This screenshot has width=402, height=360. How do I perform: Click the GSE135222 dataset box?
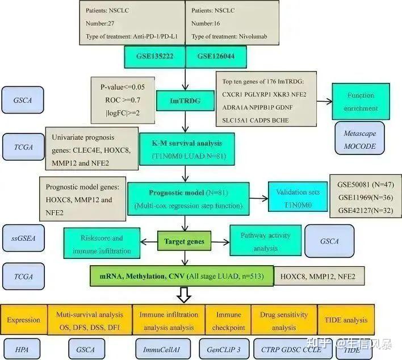pyautogui.click(x=154, y=57)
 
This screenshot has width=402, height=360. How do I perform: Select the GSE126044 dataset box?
pyautogui.click(x=216, y=57)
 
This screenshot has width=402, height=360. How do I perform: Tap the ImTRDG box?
pyautogui.click(x=185, y=101)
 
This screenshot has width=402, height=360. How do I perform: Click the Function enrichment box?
pyautogui.click(x=361, y=102)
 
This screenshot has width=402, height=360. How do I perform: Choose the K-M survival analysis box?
pyautogui.click(x=187, y=149)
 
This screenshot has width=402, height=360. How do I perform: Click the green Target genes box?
pyautogui.click(x=185, y=241)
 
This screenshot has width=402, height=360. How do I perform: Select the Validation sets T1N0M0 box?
pyautogui.click(x=298, y=197)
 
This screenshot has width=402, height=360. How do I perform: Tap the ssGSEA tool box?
pyautogui.click(x=23, y=238)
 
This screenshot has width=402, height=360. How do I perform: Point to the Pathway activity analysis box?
pyautogui.click(x=266, y=241)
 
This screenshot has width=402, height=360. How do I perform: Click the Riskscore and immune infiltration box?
pyautogui.click(x=102, y=243)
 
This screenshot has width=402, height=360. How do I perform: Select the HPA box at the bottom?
pyautogui.click(x=22, y=349)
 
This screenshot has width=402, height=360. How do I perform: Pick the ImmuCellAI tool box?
pyautogui.click(x=163, y=349)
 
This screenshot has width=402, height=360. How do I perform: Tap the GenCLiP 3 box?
pyautogui.click(x=224, y=349)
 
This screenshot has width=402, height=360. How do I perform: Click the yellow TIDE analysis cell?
pyautogui.click(x=346, y=320)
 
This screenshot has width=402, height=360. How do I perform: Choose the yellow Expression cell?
pyautogui.click(x=24, y=320)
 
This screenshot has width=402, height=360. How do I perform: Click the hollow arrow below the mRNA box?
pyautogui.click(x=184, y=295)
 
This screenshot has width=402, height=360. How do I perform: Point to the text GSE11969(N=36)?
pyautogui.click(x=366, y=198)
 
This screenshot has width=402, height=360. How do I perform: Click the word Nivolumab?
pyautogui.click(x=253, y=36)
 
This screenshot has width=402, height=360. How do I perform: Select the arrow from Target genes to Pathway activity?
pyautogui.click(x=220, y=242)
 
